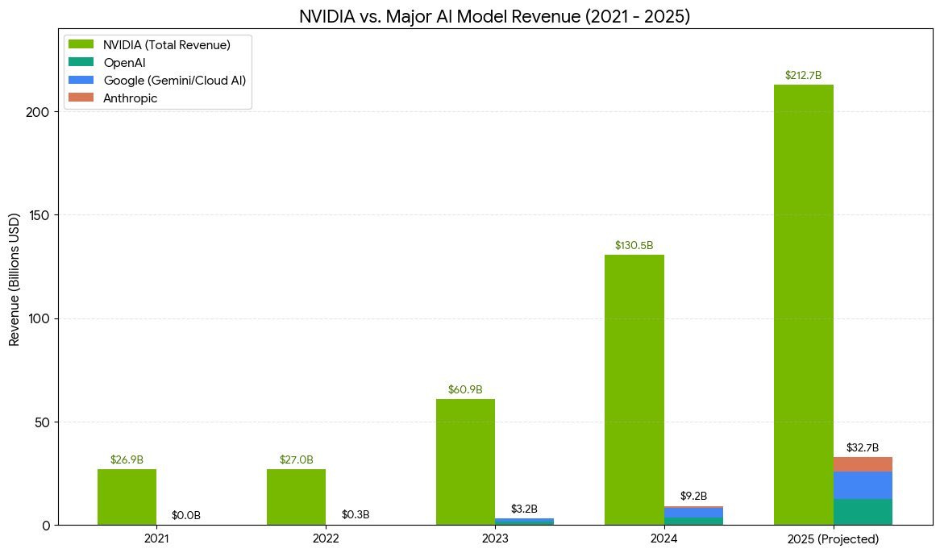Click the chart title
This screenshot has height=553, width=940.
click(494, 17)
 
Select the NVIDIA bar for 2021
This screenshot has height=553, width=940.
click(127, 497)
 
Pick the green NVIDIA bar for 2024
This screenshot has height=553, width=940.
click(634, 390)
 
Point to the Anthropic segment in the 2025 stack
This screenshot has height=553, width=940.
click(863, 464)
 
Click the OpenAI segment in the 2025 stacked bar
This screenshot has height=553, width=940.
click(863, 512)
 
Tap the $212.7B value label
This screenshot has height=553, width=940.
click(803, 76)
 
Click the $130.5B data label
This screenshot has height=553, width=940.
click(634, 245)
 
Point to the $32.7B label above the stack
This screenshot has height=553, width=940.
click(863, 448)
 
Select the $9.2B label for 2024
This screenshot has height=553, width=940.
click(693, 496)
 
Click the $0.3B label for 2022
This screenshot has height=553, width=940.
click(356, 514)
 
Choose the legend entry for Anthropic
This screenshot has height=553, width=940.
click(136, 98)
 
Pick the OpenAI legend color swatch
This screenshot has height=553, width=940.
click(82, 62)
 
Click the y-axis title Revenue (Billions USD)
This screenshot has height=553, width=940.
click(14, 281)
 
